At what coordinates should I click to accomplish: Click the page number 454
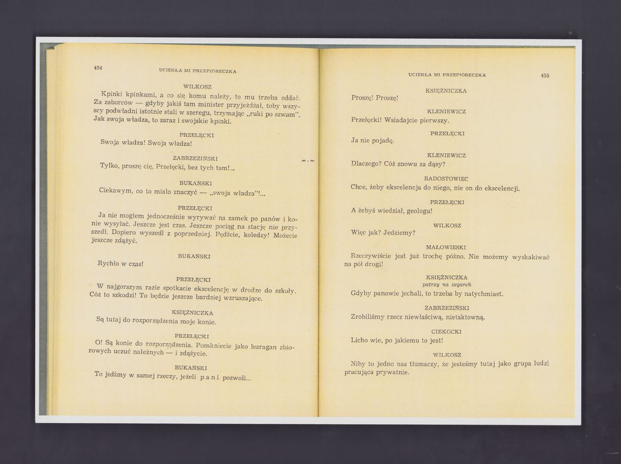pos(98,68)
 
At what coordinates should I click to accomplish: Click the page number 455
pos(545,76)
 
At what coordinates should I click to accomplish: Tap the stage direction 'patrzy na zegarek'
pos(447,285)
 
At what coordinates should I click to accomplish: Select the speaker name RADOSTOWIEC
pos(446,179)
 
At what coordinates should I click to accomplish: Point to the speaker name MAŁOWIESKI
pos(446,247)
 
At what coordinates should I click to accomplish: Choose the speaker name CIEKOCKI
pos(446,332)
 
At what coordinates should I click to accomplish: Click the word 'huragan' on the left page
pos(263,347)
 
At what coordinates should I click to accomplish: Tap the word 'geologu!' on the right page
pos(419,211)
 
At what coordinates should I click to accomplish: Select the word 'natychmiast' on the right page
pos(481,294)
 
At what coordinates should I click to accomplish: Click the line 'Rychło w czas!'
pos(120,264)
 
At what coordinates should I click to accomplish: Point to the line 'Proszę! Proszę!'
pos(375,98)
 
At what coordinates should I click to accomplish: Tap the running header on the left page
pos(197,71)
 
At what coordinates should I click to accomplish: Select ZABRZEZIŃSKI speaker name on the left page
pos(195,158)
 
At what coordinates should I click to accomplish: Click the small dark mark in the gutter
pos(308,161)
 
